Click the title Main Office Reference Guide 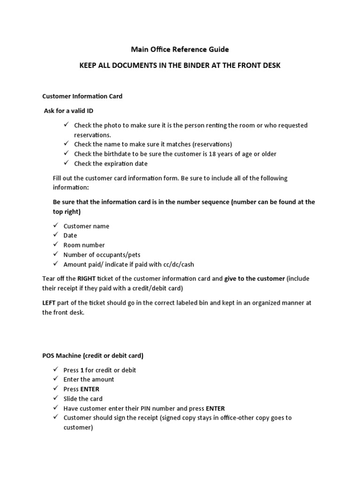click(180, 49)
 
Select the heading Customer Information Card click(82, 96)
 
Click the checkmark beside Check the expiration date click(66, 164)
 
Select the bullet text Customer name click(86, 226)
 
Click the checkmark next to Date click(55, 235)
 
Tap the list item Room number click(84, 245)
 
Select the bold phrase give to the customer click(254, 278)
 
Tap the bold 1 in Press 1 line click(82, 370)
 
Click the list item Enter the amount click(89, 379)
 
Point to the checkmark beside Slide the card click(55, 398)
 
